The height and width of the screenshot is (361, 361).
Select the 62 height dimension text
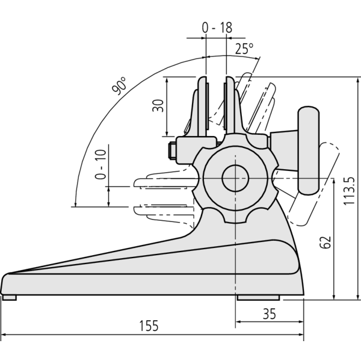[x=325, y=242]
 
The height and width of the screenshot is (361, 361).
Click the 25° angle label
[x=244, y=49]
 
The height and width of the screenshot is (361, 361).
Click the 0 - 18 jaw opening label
[x=216, y=27]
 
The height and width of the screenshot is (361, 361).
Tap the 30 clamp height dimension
[x=158, y=106]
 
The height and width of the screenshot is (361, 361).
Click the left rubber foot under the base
[x=10, y=297]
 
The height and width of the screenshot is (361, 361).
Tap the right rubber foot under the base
[x=258, y=297]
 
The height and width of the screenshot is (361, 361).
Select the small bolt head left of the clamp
[x=170, y=150]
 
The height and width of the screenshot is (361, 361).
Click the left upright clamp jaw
[x=201, y=108]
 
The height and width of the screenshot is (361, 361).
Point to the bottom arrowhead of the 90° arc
[x=74, y=205]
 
